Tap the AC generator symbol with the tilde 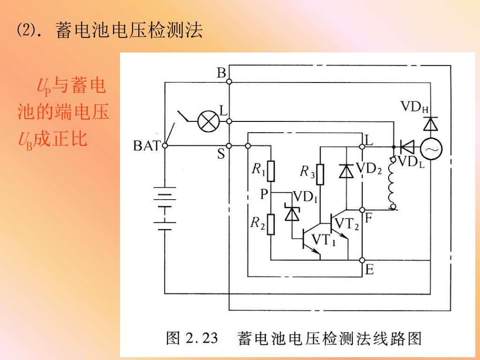point(430,150)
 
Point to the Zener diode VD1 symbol point(292,214)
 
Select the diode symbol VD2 point(346,172)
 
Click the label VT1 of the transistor point(324,240)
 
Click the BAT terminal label point(147,146)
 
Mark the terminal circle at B point(229,82)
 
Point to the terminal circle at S point(229,146)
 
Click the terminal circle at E point(362,260)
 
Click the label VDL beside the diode point(411,162)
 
